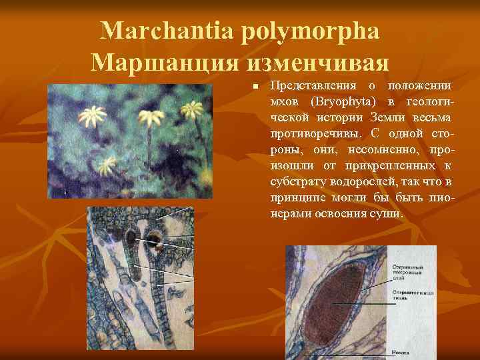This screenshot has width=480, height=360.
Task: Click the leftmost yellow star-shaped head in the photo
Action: (92, 117)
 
